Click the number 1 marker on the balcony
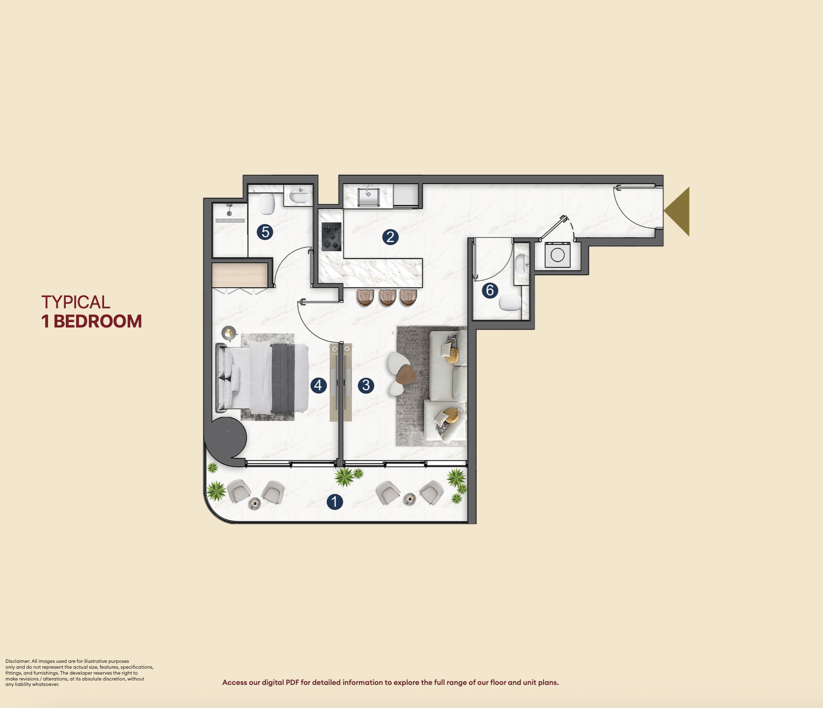(x=334, y=502)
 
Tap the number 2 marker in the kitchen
(x=390, y=237)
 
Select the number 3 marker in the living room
(x=366, y=385)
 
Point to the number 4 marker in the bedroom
(x=319, y=385)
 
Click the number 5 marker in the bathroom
(x=265, y=232)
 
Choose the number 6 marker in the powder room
(x=490, y=291)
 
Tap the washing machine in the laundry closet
(x=557, y=255)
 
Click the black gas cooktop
(x=331, y=237)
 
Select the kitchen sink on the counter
(x=369, y=197)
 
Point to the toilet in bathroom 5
(x=267, y=204)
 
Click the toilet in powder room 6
(x=510, y=302)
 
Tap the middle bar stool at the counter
(x=387, y=298)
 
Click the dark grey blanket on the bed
(x=283, y=378)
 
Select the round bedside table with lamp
(x=229, y=333)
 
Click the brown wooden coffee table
(x=407, y=375)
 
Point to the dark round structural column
(x=226, y=438)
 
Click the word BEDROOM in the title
(x=97, y=322)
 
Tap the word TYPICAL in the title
(x=76, y=302)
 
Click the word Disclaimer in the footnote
(x=18, y=661)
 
